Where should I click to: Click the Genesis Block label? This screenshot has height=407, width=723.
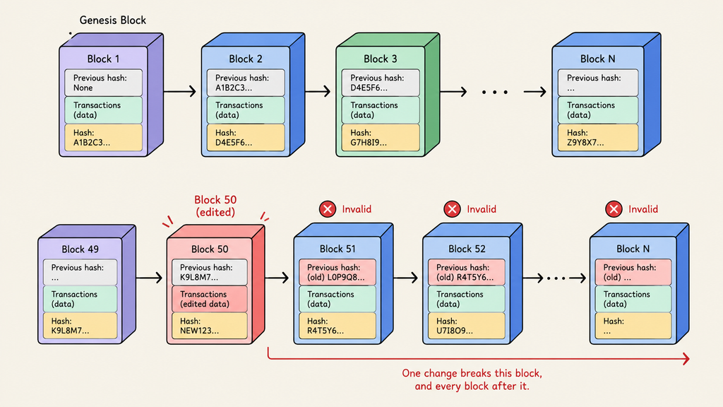click(112, 20)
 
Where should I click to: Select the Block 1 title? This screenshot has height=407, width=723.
click(103, 59)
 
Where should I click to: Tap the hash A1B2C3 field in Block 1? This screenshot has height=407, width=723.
click(103, 138)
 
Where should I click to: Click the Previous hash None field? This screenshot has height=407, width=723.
click(103, 83)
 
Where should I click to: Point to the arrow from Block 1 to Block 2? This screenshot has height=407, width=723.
click(180, 91)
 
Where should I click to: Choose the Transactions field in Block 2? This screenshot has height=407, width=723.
click(245, 110)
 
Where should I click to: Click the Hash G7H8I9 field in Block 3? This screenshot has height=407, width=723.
click(381, 138)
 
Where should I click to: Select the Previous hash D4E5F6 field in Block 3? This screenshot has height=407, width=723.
click(381, 83)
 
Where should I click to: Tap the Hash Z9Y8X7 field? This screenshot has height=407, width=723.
click(597, 138)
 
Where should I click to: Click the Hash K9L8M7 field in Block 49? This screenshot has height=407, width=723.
click(80, 326)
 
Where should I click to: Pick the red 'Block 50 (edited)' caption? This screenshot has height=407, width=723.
click(215, 206)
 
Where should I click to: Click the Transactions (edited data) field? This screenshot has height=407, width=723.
click(209, 299)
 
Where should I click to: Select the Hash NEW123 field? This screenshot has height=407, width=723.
click(209, 326)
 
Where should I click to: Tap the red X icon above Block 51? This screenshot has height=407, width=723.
click(328, 209)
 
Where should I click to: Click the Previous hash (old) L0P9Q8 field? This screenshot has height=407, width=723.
click(337, 272)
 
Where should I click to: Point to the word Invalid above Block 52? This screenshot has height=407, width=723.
click(482, 209)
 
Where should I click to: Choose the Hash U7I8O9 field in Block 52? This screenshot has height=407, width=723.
click(466, 326)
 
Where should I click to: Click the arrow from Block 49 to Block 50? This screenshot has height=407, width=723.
click(150, 278)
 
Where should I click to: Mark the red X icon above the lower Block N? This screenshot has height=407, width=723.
click(614, 209)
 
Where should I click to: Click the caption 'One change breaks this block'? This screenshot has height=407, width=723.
click(472, 373)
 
